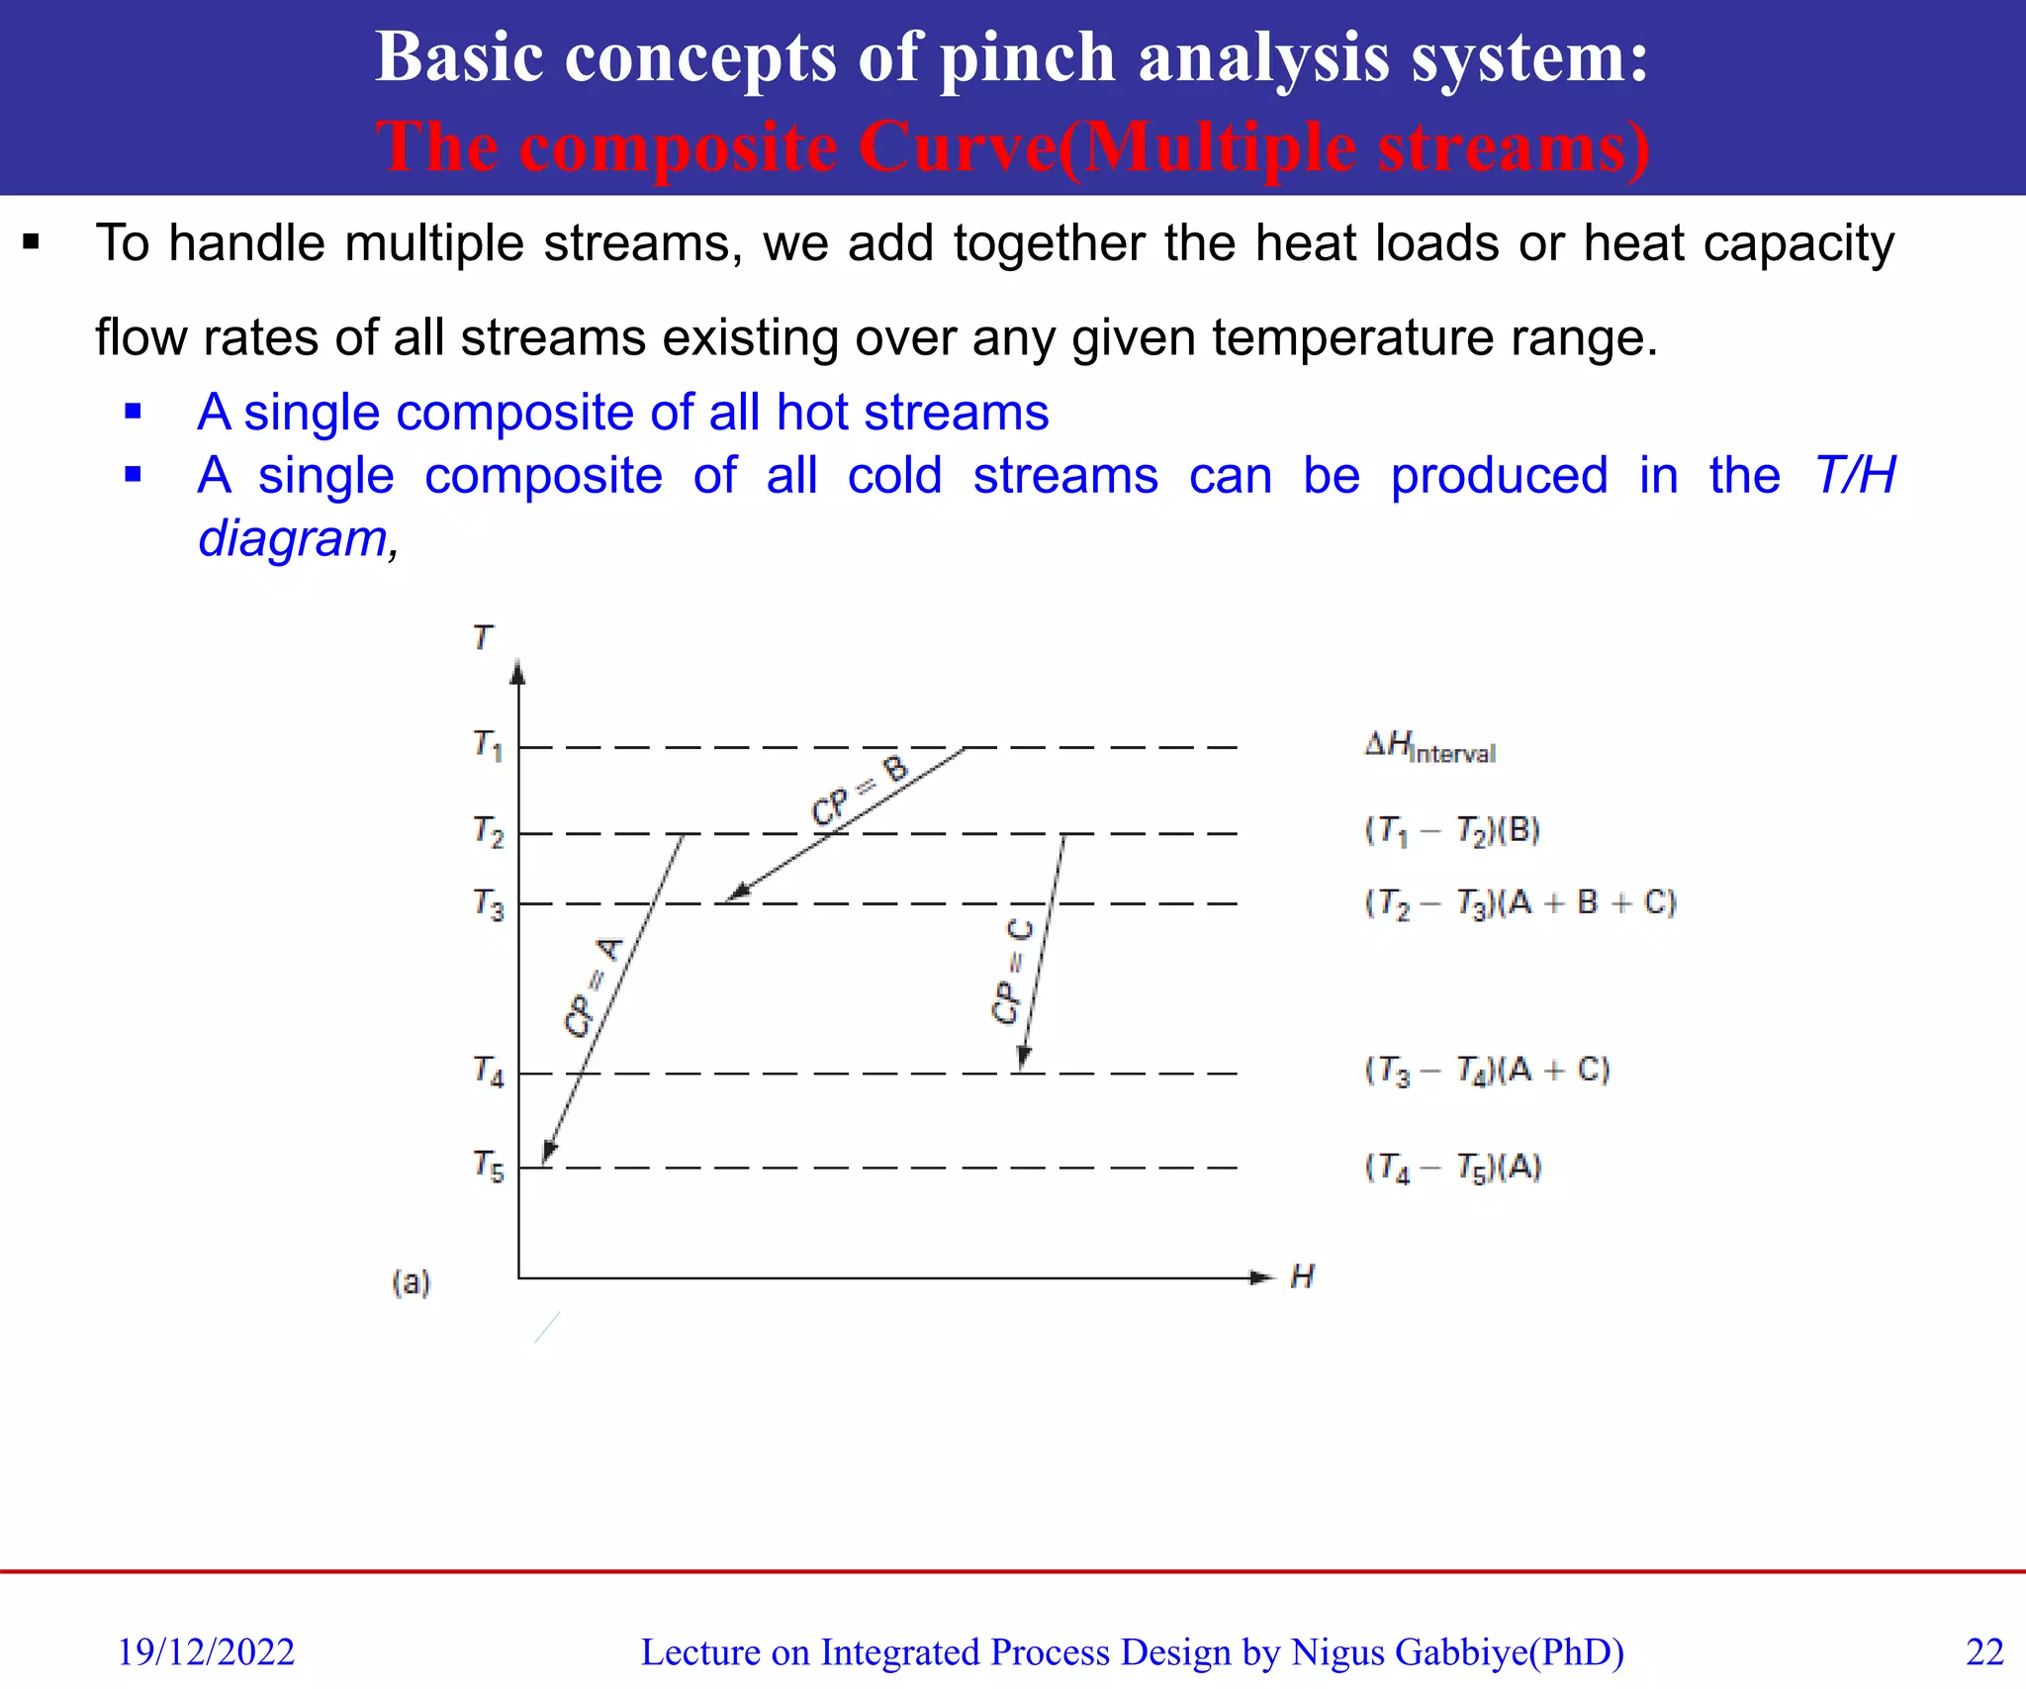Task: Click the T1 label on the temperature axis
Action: point(488,745)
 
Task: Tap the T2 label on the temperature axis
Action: point(488,832)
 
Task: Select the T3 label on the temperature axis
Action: point(488,904)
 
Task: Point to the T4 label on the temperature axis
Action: point(488,1072)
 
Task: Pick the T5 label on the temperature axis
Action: point(488,1166)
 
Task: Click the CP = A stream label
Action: point(594,986)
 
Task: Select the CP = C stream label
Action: point(1013,971)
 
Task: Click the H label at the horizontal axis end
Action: point(1302,1276)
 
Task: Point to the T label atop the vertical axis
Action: point(483,637)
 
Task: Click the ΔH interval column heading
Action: point(1429,747)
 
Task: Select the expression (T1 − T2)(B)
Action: point(1452,831)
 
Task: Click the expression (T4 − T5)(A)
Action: point(1452,1169)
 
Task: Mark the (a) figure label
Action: point(412,1282)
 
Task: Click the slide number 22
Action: point(1984,1651)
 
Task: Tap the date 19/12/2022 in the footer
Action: point(206,1651)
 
